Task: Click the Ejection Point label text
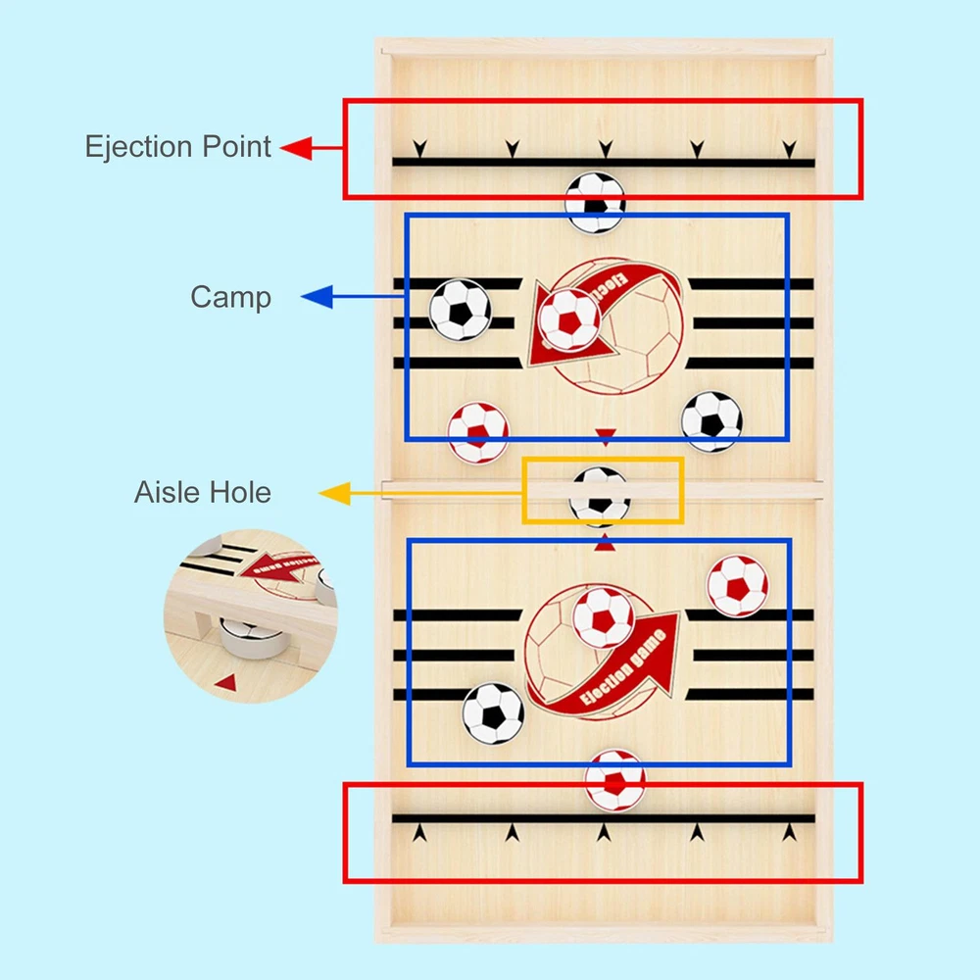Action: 177,147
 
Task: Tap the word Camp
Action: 231,297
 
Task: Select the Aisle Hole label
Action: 202,491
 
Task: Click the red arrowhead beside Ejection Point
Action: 297,148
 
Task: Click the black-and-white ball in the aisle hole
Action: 600,495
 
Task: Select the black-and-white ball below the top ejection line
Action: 595,203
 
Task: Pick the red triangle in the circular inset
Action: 226,682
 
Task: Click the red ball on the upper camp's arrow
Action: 569,320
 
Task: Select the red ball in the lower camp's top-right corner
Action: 737,586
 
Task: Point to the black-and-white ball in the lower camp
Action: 493,713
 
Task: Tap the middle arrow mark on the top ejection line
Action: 605,148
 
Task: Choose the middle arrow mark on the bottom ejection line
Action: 605,833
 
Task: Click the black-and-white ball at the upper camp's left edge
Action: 460,310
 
